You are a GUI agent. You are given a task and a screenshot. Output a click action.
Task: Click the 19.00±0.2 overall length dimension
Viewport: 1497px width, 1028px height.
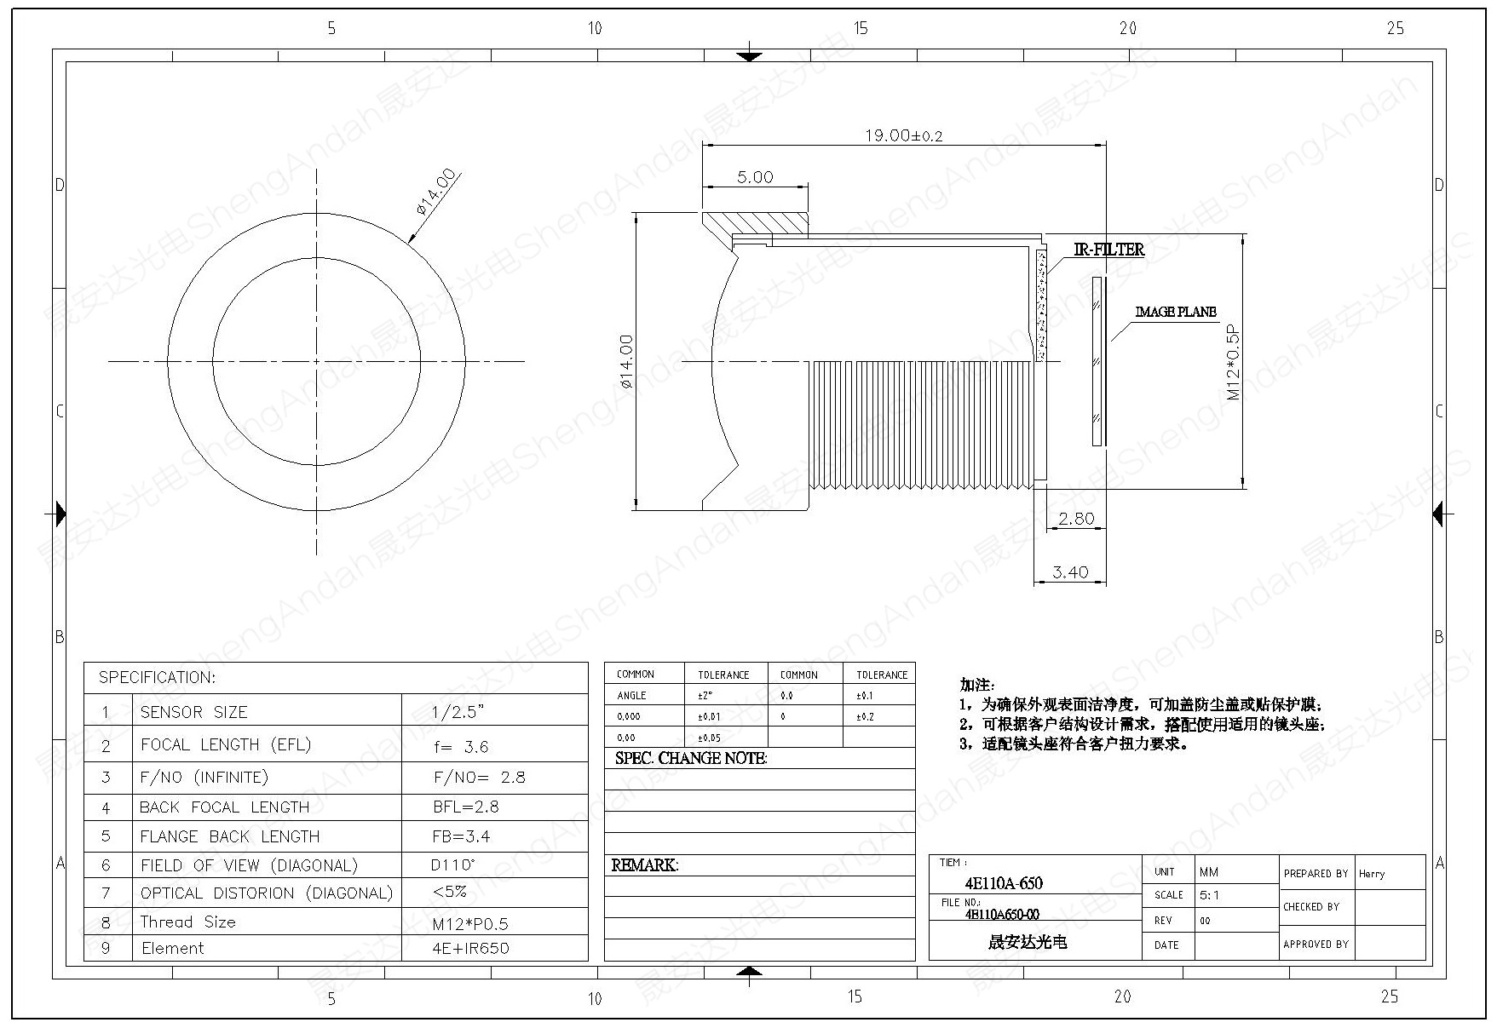(x=904, y=135)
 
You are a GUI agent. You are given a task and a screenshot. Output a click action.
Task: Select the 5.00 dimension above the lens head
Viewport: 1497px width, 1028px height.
(x=755, y=177)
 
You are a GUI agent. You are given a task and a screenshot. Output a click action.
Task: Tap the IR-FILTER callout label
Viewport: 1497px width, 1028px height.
(x=1108, y=250)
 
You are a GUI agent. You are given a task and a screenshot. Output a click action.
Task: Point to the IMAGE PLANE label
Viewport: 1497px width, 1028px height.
(x=1175, y=312)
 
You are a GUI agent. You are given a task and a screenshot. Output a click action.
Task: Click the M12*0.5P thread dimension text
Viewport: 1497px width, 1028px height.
(x=1233, y=362)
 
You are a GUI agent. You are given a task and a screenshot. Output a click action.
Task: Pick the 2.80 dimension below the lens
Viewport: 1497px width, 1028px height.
(x=1075, y=518)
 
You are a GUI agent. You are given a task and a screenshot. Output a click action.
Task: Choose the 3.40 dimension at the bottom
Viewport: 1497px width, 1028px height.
(x=1070, y=572)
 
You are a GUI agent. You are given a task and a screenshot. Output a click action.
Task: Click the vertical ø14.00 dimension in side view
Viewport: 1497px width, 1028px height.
(x=627, y=361)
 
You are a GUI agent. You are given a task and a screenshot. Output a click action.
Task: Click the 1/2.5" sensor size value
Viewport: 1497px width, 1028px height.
(x=462, y=712)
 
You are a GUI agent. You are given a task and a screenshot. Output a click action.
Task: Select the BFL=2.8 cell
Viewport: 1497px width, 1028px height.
(x=465, y=807)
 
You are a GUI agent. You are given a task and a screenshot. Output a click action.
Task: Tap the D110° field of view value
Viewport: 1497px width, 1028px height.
(x=453, y=865)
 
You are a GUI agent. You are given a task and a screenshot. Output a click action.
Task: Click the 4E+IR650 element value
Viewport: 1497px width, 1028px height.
(x=470, y=948)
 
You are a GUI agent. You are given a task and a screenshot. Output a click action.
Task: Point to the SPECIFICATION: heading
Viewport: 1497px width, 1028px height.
(x=157, y=678)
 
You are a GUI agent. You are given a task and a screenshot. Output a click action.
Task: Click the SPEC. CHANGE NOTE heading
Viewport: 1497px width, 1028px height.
(x=690, y=758)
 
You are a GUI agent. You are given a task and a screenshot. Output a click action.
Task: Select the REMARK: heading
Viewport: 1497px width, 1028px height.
(x=644, y=865)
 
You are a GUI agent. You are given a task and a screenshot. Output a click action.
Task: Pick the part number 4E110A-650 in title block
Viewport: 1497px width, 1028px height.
(x=1003, y=883)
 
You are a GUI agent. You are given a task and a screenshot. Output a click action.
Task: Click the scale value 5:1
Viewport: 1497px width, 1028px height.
(x=1208, y=896)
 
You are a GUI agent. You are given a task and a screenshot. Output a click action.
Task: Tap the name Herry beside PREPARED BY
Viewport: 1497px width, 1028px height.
(x=1372, y=874)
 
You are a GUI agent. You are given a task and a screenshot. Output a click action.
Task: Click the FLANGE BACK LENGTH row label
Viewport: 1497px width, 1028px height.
(x=229, y=836)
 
